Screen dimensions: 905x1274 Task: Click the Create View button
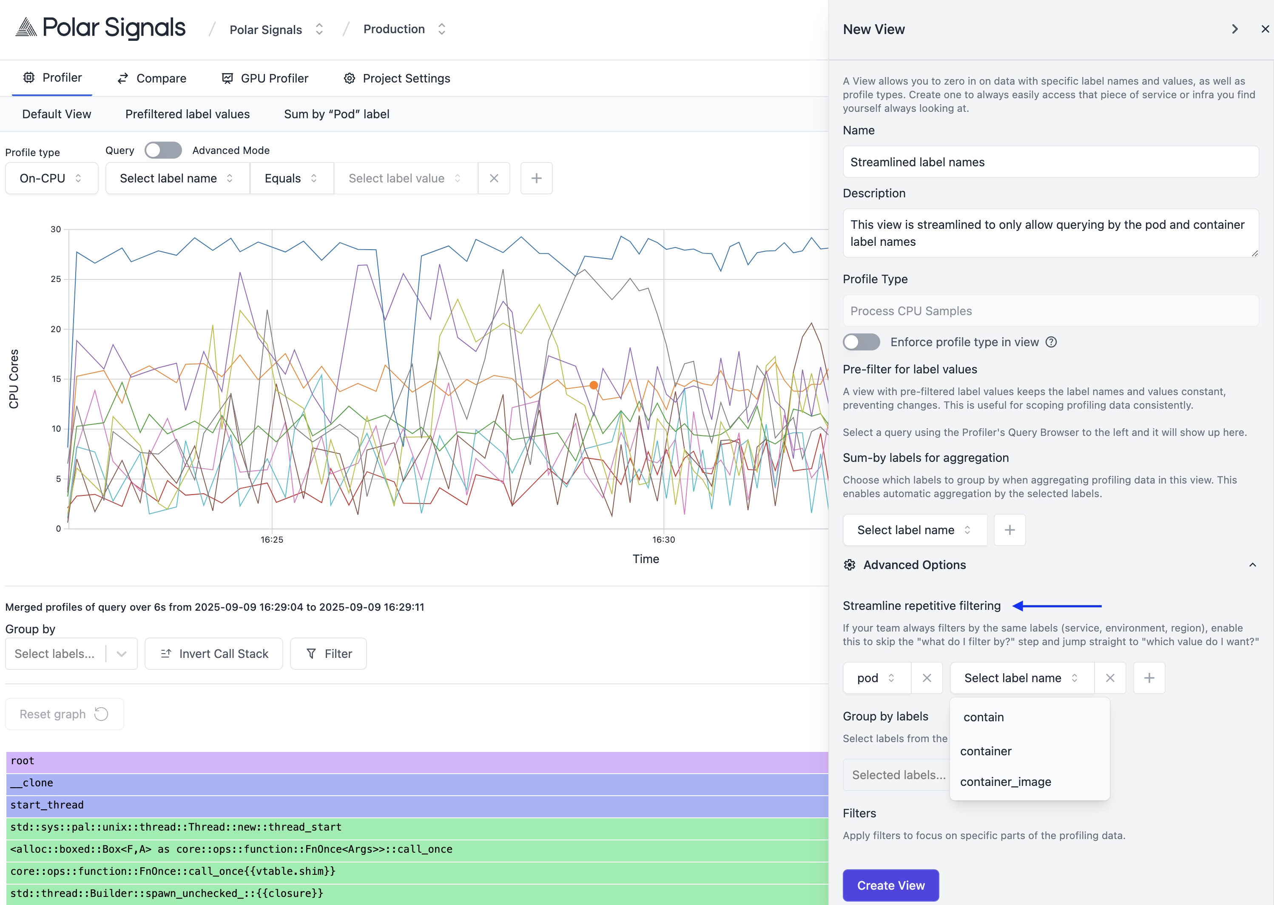coord(890,885)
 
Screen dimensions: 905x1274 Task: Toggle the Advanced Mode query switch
coord(163,151)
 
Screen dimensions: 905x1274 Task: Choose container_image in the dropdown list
coord(1005,782)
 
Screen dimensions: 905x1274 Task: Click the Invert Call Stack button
coord(214,654)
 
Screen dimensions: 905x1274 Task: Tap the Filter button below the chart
coord(329,654)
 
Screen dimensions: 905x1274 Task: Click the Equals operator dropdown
coord(291,178)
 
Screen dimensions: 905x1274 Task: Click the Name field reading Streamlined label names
coord(1050,162)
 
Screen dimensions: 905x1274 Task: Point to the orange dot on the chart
coord(594,385)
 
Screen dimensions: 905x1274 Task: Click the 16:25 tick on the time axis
coord(272,539)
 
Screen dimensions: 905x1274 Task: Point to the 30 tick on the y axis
coord(56,229)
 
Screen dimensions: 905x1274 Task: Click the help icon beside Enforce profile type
coord(1051,342)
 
